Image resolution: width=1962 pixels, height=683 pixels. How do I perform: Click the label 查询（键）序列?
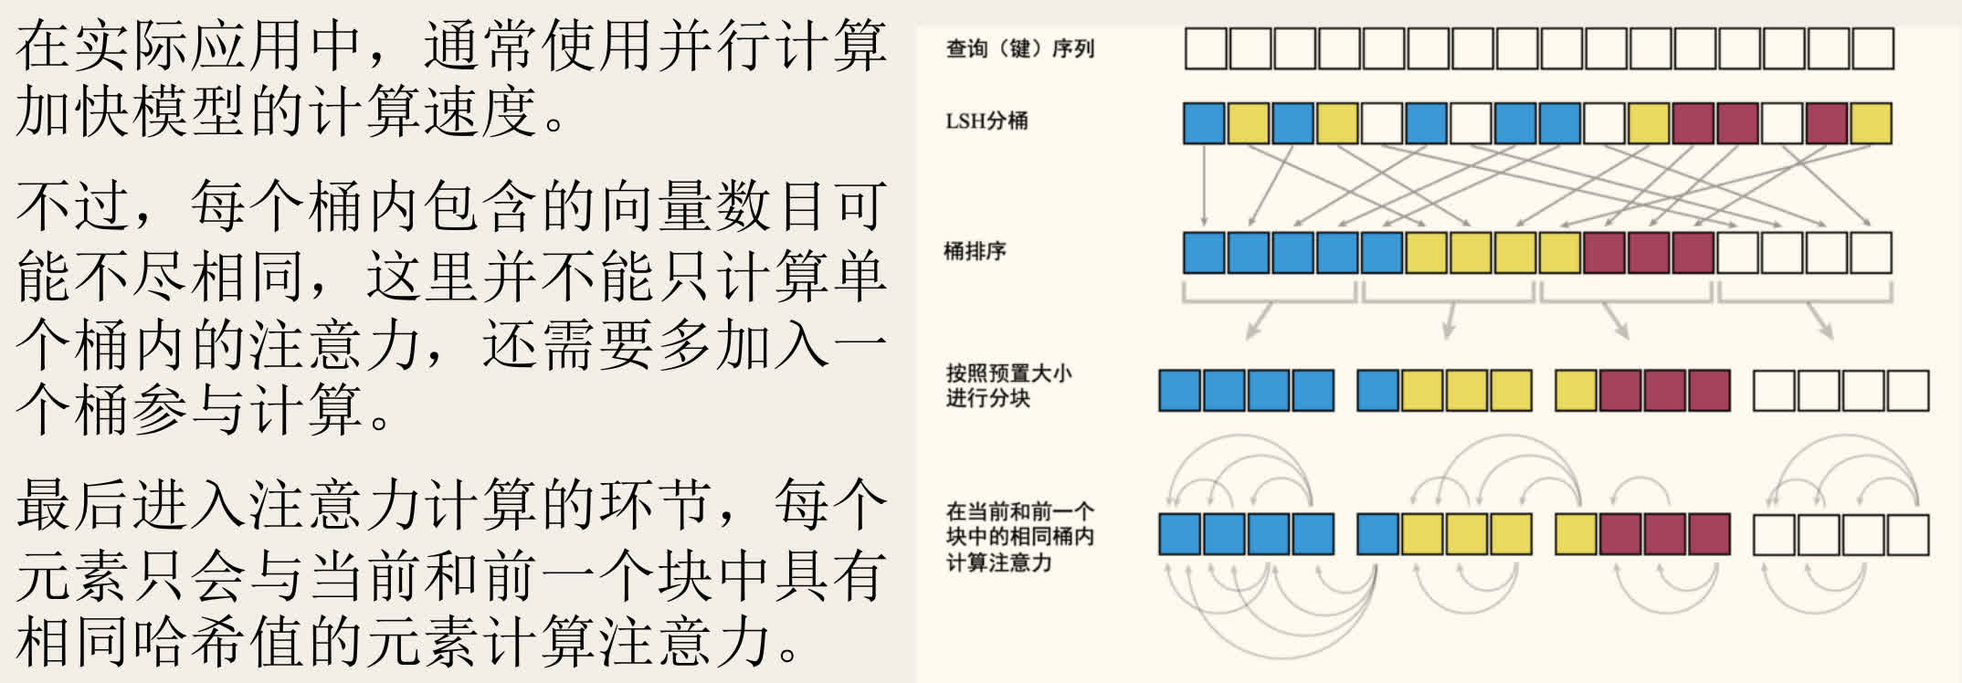click(x=1019, y=48)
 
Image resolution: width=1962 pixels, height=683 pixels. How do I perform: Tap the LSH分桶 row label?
click(x=986, y=121)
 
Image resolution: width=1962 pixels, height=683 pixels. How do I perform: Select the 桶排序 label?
click(x=975, y=251)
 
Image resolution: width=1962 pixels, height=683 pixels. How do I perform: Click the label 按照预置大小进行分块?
click(x=1008, y=385)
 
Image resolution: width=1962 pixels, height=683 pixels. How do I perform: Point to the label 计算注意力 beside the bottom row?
click(x=998, y=562)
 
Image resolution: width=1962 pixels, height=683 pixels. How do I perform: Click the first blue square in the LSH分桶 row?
click(x=1204, y=123)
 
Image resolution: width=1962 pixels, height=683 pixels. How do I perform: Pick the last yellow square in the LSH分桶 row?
click(x=1872, y=123)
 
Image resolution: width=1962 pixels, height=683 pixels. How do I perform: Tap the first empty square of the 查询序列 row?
click(x=1206, y=48)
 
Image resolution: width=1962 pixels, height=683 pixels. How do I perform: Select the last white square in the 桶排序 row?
click(x=1872, y=253)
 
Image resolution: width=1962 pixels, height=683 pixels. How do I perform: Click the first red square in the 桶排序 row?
click(x=1605, y=253)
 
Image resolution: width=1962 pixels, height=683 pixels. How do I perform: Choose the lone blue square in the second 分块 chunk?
click(x=1378, y=391)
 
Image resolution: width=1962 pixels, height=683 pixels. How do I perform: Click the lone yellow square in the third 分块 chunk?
click(x=1576, y=391)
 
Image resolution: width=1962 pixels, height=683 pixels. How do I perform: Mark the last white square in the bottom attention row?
click(x=1908, y=534)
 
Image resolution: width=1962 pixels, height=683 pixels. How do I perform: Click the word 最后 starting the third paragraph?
click(x=73, y=505)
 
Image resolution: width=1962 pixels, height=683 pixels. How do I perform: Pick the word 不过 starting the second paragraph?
click(x=73, y=205)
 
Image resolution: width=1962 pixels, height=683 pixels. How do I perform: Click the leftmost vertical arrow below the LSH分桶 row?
click(x=1204, y=185)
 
